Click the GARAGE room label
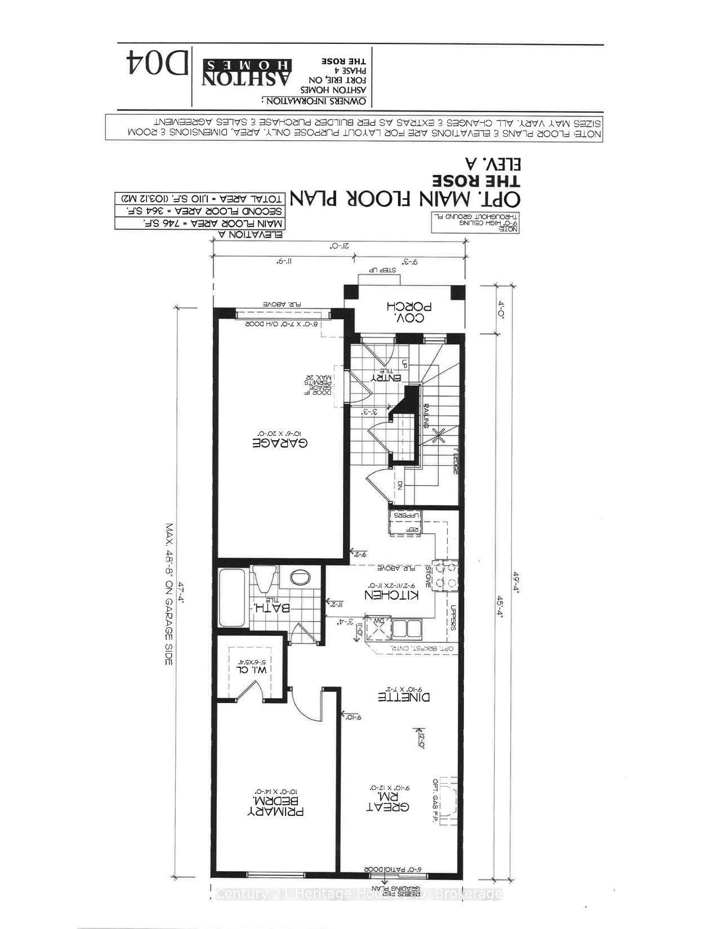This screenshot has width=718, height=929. point(279,443)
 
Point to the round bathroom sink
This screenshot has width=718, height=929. point(300,577)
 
